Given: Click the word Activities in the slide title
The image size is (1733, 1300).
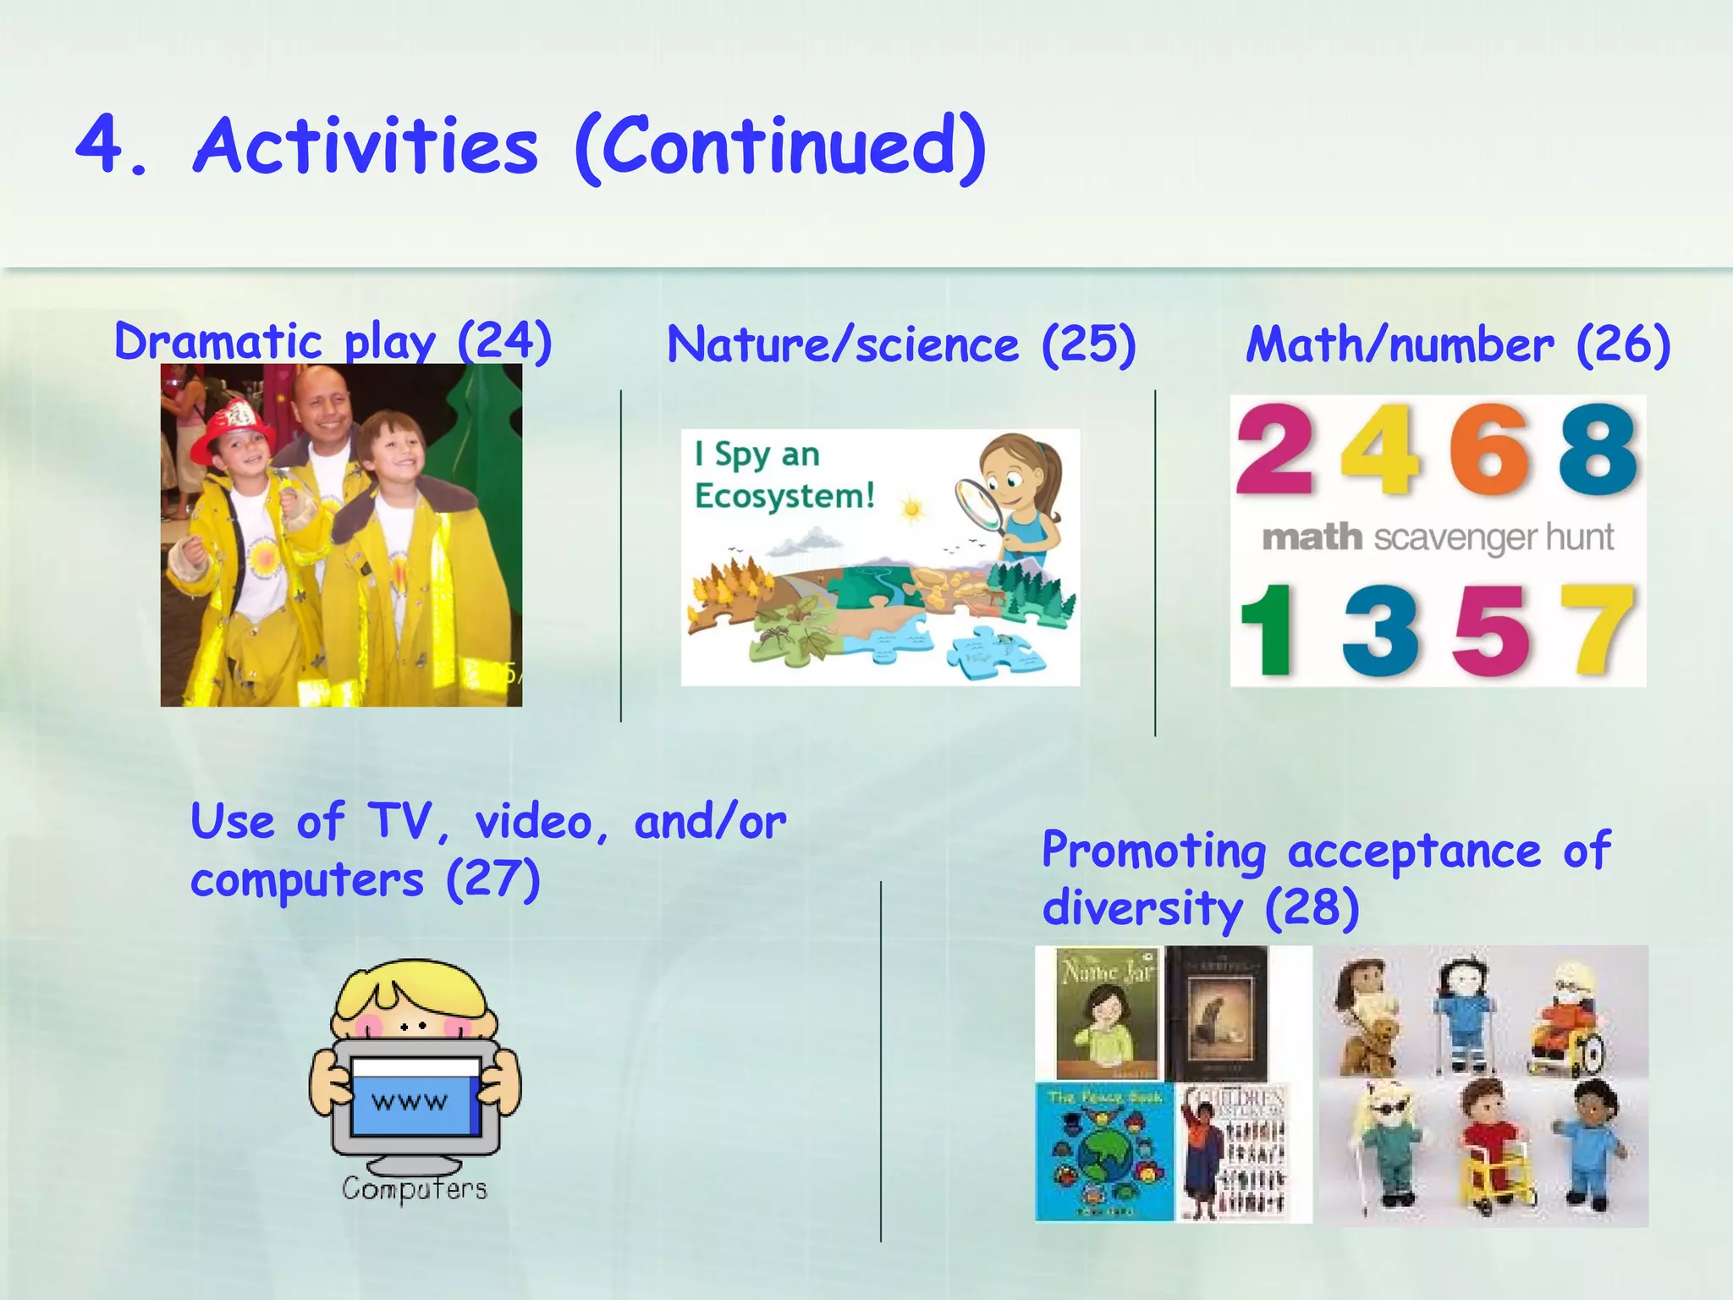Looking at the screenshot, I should [x=366, y=146].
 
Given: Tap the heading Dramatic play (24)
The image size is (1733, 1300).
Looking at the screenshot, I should [x=333, y=342].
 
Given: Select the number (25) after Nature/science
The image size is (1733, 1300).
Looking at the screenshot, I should [x=1088, y=345].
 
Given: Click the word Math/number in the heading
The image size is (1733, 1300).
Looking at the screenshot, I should [x=1400, y=345].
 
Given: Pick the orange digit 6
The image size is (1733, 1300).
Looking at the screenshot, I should [x=1489, y=450].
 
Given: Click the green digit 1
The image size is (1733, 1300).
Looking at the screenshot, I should [x=1268, y=631].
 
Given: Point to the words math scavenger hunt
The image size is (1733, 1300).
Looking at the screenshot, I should [x=1438, y=538].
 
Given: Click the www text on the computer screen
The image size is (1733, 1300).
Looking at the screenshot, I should [x=410, y=1102].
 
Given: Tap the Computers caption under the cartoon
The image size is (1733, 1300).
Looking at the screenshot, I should [x=415, y=1189].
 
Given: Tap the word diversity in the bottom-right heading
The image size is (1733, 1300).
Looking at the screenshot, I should [x=1142, y=909].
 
